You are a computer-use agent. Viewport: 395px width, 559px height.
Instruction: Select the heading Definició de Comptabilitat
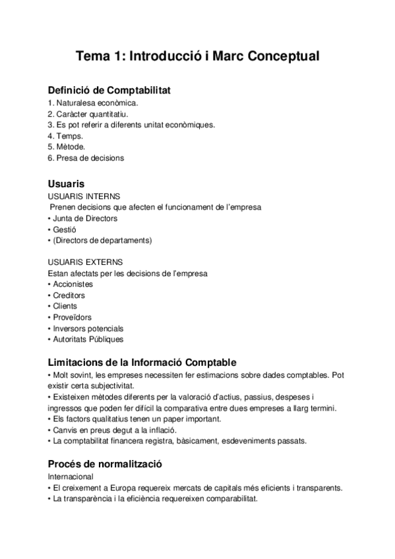[109, 90]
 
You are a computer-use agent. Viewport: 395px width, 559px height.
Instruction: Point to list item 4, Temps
[65, 136]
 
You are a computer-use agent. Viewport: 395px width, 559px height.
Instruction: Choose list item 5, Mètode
[67, 147]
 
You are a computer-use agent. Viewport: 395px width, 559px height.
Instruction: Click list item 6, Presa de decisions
[86, 158]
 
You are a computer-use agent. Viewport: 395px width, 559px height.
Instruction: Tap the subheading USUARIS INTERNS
[84, 196]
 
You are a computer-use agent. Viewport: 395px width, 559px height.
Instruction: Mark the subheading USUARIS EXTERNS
[86, 262]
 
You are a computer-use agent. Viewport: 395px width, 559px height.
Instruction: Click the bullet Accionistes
[73, 284]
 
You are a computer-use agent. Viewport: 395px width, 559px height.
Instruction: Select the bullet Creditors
[69, 295]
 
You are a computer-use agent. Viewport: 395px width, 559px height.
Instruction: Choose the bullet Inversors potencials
[88, 328]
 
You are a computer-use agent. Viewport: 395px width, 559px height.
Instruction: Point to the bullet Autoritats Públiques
[88, 339]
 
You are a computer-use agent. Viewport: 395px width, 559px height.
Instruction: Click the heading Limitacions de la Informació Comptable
[142, 363]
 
